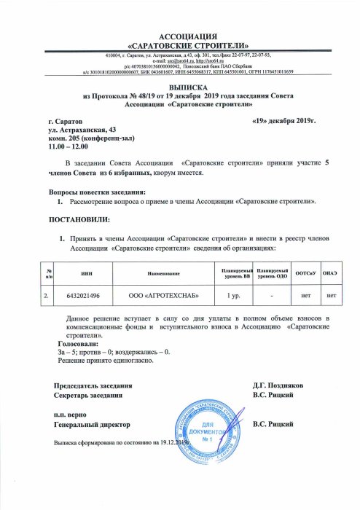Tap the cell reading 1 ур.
pos(234,296)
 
